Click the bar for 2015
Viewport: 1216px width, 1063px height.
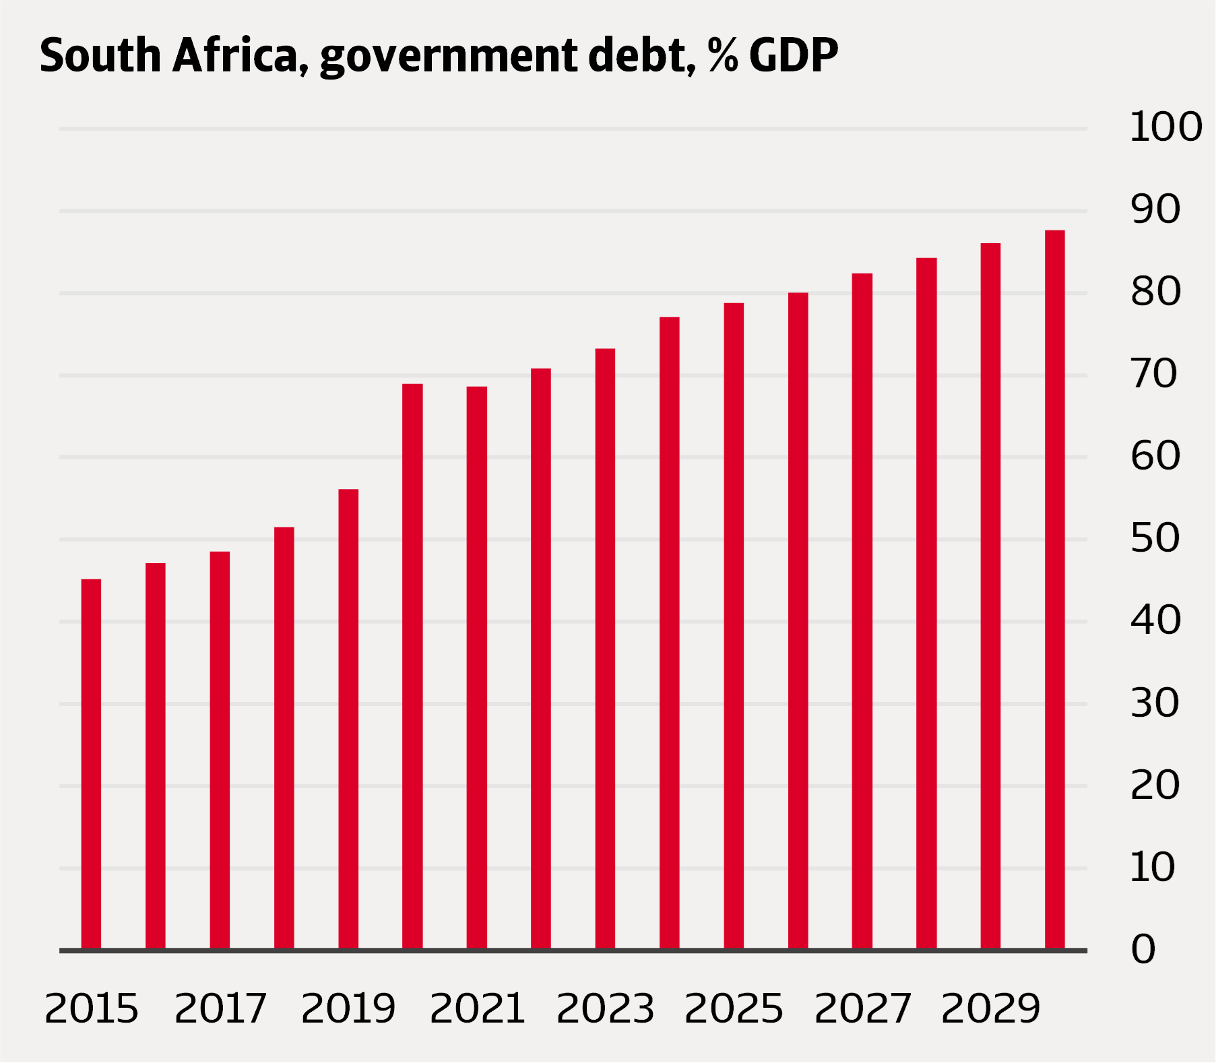(91, 764)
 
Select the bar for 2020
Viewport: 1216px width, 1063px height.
(412, 666)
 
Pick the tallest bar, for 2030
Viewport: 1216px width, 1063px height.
(1055, 589)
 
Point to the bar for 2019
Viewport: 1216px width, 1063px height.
(348, 719)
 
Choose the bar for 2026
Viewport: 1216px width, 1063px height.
(798, 620)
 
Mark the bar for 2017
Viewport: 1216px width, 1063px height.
(220, 750)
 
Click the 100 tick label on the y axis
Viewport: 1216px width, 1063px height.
(1165, 127)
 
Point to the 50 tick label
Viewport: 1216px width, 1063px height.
(1155, 538)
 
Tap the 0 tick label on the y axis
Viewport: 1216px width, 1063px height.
(1143, 950)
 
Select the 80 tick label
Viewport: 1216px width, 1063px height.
(1155, 292)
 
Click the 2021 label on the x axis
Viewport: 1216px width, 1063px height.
(477, 1008)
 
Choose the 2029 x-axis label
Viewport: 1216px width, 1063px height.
(990, 1008)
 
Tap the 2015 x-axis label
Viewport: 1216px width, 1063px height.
(91, 1008)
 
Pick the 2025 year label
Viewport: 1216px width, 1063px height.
(734, 1008)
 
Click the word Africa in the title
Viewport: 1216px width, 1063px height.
(235, 55)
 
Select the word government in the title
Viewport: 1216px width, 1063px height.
(447, 57)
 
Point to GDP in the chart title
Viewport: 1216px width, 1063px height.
(793, 55)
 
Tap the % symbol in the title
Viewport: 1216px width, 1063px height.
(723, 55)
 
